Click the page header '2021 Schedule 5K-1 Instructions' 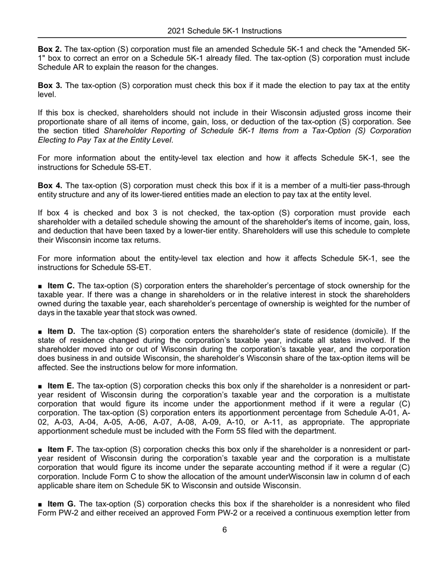coord(224,31)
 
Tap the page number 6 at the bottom coord(224,543)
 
